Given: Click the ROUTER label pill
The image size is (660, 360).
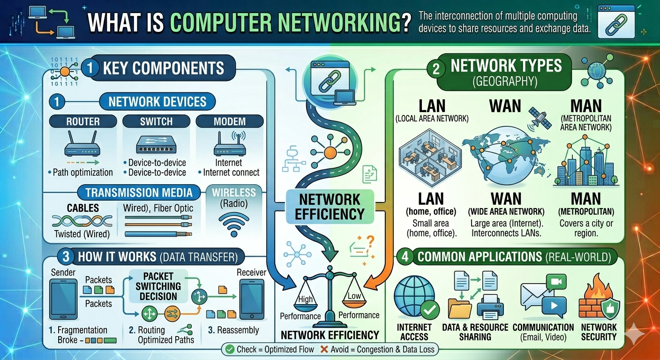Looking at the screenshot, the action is [83, 121].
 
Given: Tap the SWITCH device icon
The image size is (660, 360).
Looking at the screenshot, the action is [156, 145].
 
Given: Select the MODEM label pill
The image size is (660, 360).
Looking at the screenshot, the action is [230, 121].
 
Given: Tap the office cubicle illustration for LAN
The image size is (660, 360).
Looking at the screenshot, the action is [430, 157].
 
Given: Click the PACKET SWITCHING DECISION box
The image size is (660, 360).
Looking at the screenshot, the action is [158, 286].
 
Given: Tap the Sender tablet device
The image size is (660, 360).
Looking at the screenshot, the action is [63, 300].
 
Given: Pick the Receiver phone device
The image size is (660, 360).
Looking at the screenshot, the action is [252, 300].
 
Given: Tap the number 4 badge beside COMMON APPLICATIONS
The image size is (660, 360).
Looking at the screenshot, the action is [405, 256].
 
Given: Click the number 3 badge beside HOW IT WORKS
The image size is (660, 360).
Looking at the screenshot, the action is [66, 256].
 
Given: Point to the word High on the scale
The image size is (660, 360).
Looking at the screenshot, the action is [306, 300].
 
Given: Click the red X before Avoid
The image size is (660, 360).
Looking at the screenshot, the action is [324, 349].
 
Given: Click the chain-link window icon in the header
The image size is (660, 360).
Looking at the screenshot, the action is [616, 22].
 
